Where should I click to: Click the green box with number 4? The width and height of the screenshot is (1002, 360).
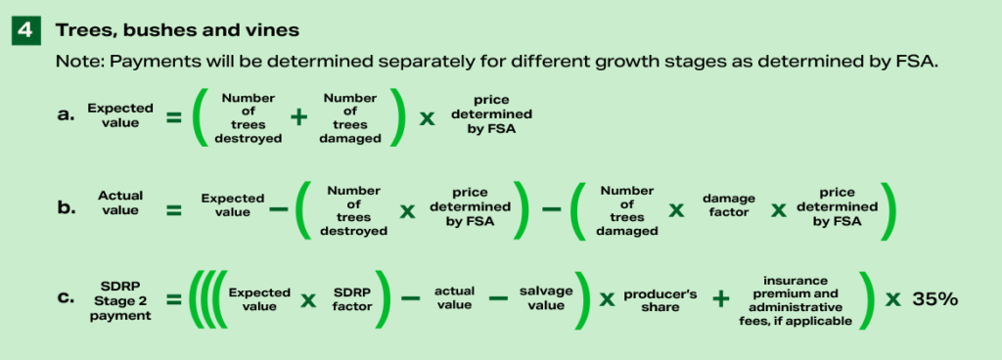coord(26,30)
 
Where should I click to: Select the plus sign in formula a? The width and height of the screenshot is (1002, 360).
coord(299,117)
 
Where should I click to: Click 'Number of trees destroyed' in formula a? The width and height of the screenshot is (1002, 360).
coord(250,117)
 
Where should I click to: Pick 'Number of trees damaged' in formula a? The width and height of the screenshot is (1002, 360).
coord(349,117)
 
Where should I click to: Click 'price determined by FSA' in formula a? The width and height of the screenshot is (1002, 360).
coord(483,117)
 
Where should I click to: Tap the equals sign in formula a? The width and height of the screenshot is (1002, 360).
coord(173,117)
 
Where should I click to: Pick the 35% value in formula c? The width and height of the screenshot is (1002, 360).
coord(934,299)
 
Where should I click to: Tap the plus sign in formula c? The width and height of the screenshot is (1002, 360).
coord(721,299)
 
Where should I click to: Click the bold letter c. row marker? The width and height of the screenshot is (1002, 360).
coord(66,298)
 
